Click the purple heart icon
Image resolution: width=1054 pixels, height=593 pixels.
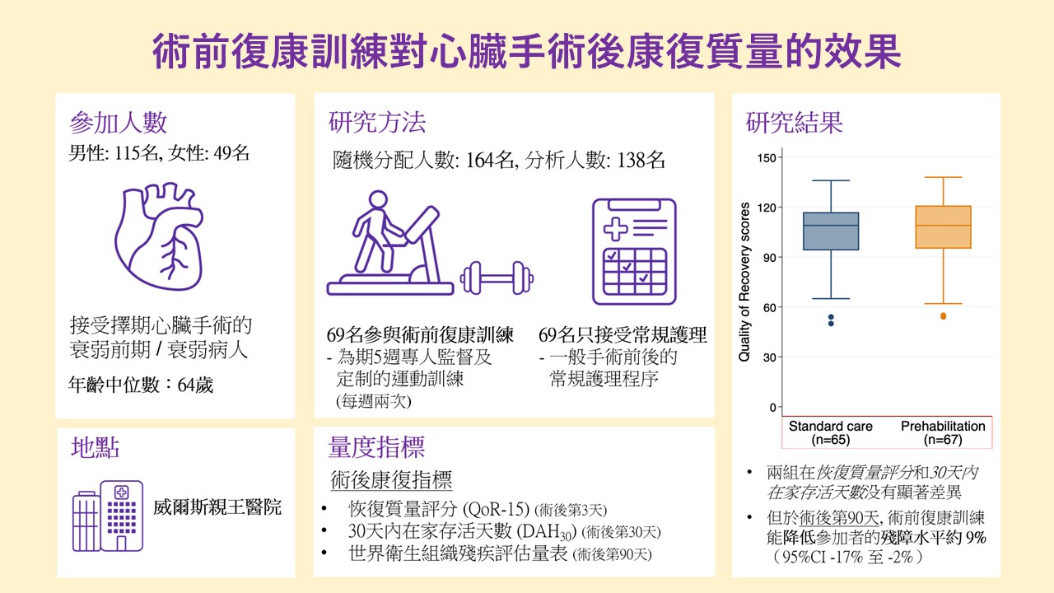[159, 236]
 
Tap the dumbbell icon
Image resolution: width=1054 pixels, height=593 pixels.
[497, 278]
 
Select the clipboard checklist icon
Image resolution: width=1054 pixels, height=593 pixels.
[634, 252]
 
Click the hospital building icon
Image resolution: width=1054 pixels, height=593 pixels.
[108, 516]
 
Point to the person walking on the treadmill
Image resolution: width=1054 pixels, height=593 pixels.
[376, 231]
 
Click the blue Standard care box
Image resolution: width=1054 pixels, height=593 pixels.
[831, 231]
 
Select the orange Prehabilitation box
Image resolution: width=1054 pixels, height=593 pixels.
[944, 226]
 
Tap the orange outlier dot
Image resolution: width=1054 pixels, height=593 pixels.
[944, 316]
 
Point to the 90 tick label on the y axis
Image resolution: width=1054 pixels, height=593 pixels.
[769, 258]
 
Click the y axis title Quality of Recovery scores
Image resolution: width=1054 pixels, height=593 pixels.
[744, 282]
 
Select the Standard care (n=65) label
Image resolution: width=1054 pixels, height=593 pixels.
[831, 433]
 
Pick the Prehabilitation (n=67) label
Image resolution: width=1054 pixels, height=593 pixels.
[943, 433]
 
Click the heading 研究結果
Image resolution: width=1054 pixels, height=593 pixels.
[795, 123]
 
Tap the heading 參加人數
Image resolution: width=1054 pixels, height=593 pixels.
[118, 124]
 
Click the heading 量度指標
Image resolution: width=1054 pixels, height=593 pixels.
[376, 447]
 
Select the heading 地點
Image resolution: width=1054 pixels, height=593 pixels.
[95, 447]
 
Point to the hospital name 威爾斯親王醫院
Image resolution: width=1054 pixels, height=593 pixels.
[217, 507]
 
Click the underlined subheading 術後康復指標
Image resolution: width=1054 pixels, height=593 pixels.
[391, 480]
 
